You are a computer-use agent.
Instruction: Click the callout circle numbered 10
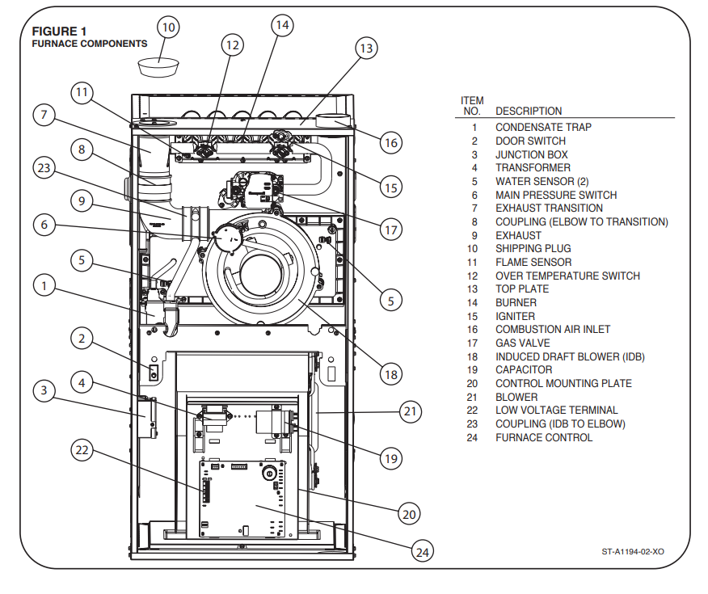click(168, 27)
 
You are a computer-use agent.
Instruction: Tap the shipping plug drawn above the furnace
click(158, 67)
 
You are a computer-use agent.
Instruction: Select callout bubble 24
click(422, 551)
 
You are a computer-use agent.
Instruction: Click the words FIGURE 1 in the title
click(59, 32)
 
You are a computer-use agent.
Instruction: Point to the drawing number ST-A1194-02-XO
click(633, 551)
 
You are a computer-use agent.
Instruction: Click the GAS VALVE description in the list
click(522, 343)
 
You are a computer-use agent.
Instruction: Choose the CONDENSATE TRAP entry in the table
click(543, 128)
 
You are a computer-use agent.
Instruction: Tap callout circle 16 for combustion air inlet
click(390, 143)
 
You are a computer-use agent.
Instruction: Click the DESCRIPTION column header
click(529, 111)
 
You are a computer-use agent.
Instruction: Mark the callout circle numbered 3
click(44, 390)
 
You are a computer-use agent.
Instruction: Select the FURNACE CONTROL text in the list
click(544, 437)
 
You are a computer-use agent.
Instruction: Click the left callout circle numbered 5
click(82, 260)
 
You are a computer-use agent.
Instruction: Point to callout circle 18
click(390, 374)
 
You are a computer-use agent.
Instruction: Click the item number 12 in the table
click(472, 276)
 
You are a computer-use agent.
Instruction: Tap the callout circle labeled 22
click(82, 450)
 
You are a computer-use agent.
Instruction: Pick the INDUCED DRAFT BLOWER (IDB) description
click(570, 356)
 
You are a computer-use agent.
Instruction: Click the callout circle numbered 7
click(44, 115)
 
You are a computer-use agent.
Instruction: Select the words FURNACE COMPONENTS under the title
click(90, 44)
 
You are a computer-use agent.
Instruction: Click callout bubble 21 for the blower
click(410, 411)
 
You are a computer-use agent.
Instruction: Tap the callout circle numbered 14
click(282, 25)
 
